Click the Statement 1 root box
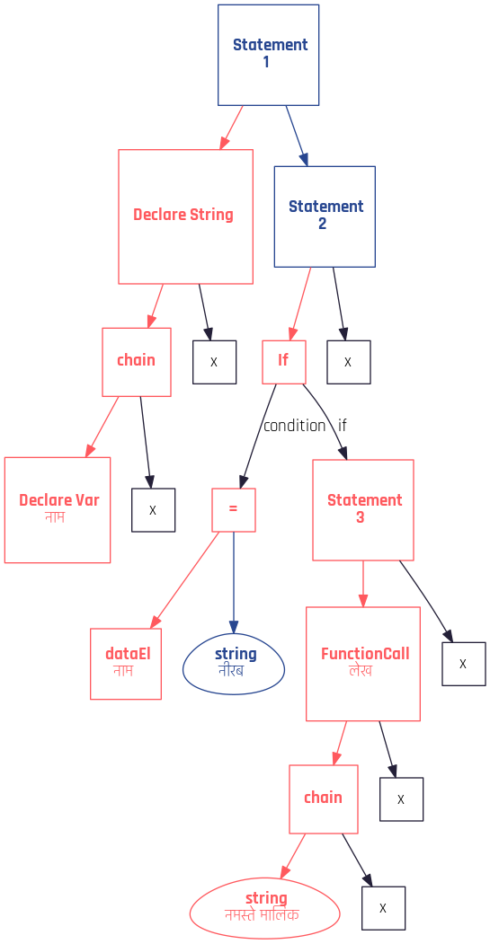268,55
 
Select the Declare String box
185,216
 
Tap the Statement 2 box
325,216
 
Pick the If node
284,362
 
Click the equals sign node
233,510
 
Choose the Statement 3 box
363,510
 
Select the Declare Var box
58,510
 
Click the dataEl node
126,664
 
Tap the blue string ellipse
234,664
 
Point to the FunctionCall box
363,664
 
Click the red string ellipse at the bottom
264,908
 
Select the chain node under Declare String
137,362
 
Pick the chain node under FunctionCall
324,798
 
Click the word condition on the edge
294,426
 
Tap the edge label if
343,426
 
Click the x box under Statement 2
349,362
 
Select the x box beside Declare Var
153,510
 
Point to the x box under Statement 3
464,664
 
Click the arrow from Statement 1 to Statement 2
297,136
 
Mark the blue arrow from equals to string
234,582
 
